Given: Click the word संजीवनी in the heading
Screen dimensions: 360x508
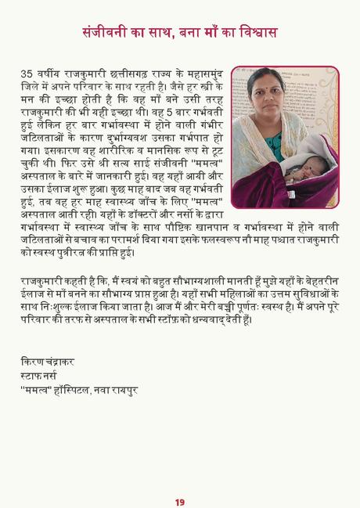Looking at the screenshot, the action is tap(109, 33).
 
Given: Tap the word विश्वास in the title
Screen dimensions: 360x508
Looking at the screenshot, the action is tap(254, 33).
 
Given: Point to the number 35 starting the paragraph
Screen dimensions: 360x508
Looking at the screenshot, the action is tap(27, 74).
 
